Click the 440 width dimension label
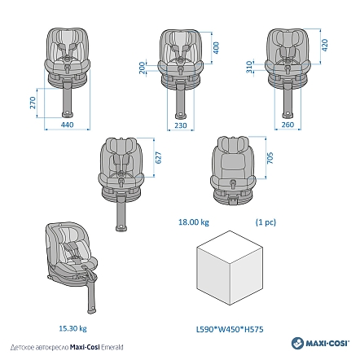tap(67, 125)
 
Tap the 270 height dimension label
tap(33, 103)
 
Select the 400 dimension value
tap(216, 48)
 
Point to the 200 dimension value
tap(142, 68)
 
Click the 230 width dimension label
tap(181, 125)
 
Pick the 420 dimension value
tap(324, 45)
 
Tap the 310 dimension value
tap(249, 67)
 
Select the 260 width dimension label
tap(288, 125)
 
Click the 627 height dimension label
tap(158, 157)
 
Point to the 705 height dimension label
tap(270, 158)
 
